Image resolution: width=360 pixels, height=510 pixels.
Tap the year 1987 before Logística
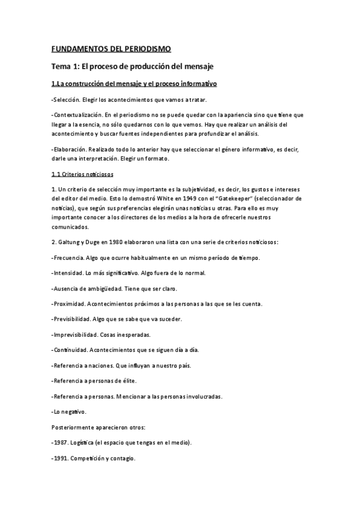pyautogui.click(x=61, y=442)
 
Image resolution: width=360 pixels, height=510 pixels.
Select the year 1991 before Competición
pyautogui.click(x=61, y=458)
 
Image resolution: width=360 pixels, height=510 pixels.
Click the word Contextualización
pyautogui.click(x=76, y=114)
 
